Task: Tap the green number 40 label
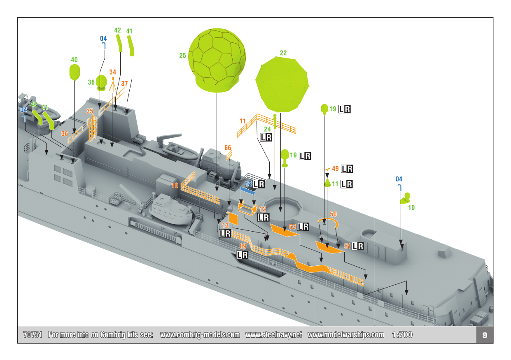[x=74, y=60]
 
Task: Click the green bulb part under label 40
[x=74, y=72]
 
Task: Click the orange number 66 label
[x=228, y=147]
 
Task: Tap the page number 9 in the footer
[x=485, y=335]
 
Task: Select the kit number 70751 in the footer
[x=33, y=335]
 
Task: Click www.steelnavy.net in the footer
[x=274, y=335]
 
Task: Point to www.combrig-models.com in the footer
[x=200, y=335]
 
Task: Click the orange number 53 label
[x=293, y=227]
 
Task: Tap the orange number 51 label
[x=347, y=246]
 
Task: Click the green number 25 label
[x=182, y=55]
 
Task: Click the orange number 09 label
[x=243, y=246]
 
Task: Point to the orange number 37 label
[x=124, y=84]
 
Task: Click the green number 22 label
[x=283, y=53]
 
